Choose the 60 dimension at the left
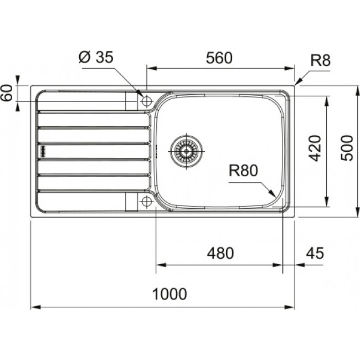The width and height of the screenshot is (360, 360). pos(7,93)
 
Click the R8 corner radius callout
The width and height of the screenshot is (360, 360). pos(320,60)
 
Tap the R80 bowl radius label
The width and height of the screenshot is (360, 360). pos(244,172)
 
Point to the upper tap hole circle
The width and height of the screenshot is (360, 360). pos(147,101)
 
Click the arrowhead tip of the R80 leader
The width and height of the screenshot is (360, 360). pos(275,196)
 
